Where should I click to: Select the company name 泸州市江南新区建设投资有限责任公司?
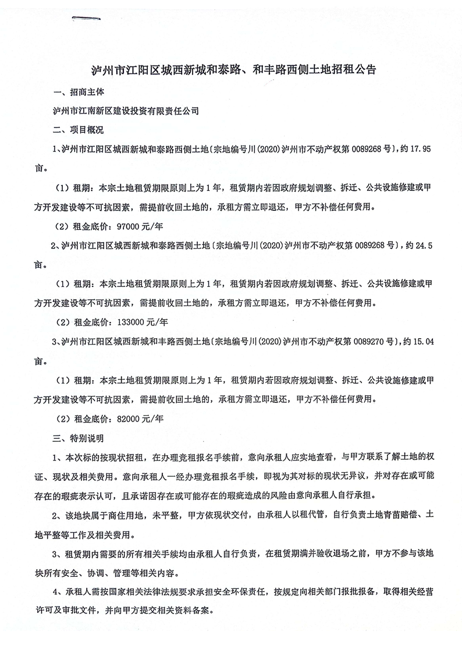126,111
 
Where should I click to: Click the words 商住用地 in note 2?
123,515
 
